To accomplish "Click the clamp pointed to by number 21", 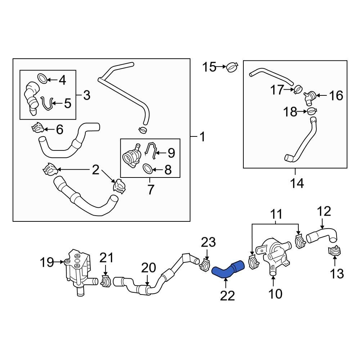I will [x=106, y=281].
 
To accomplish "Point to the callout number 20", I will [x=148, y=268].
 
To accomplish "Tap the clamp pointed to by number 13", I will [x=334, y=252].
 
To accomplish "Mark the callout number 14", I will [x=297, y=184].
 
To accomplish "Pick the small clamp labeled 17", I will [x=298, y=89].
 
